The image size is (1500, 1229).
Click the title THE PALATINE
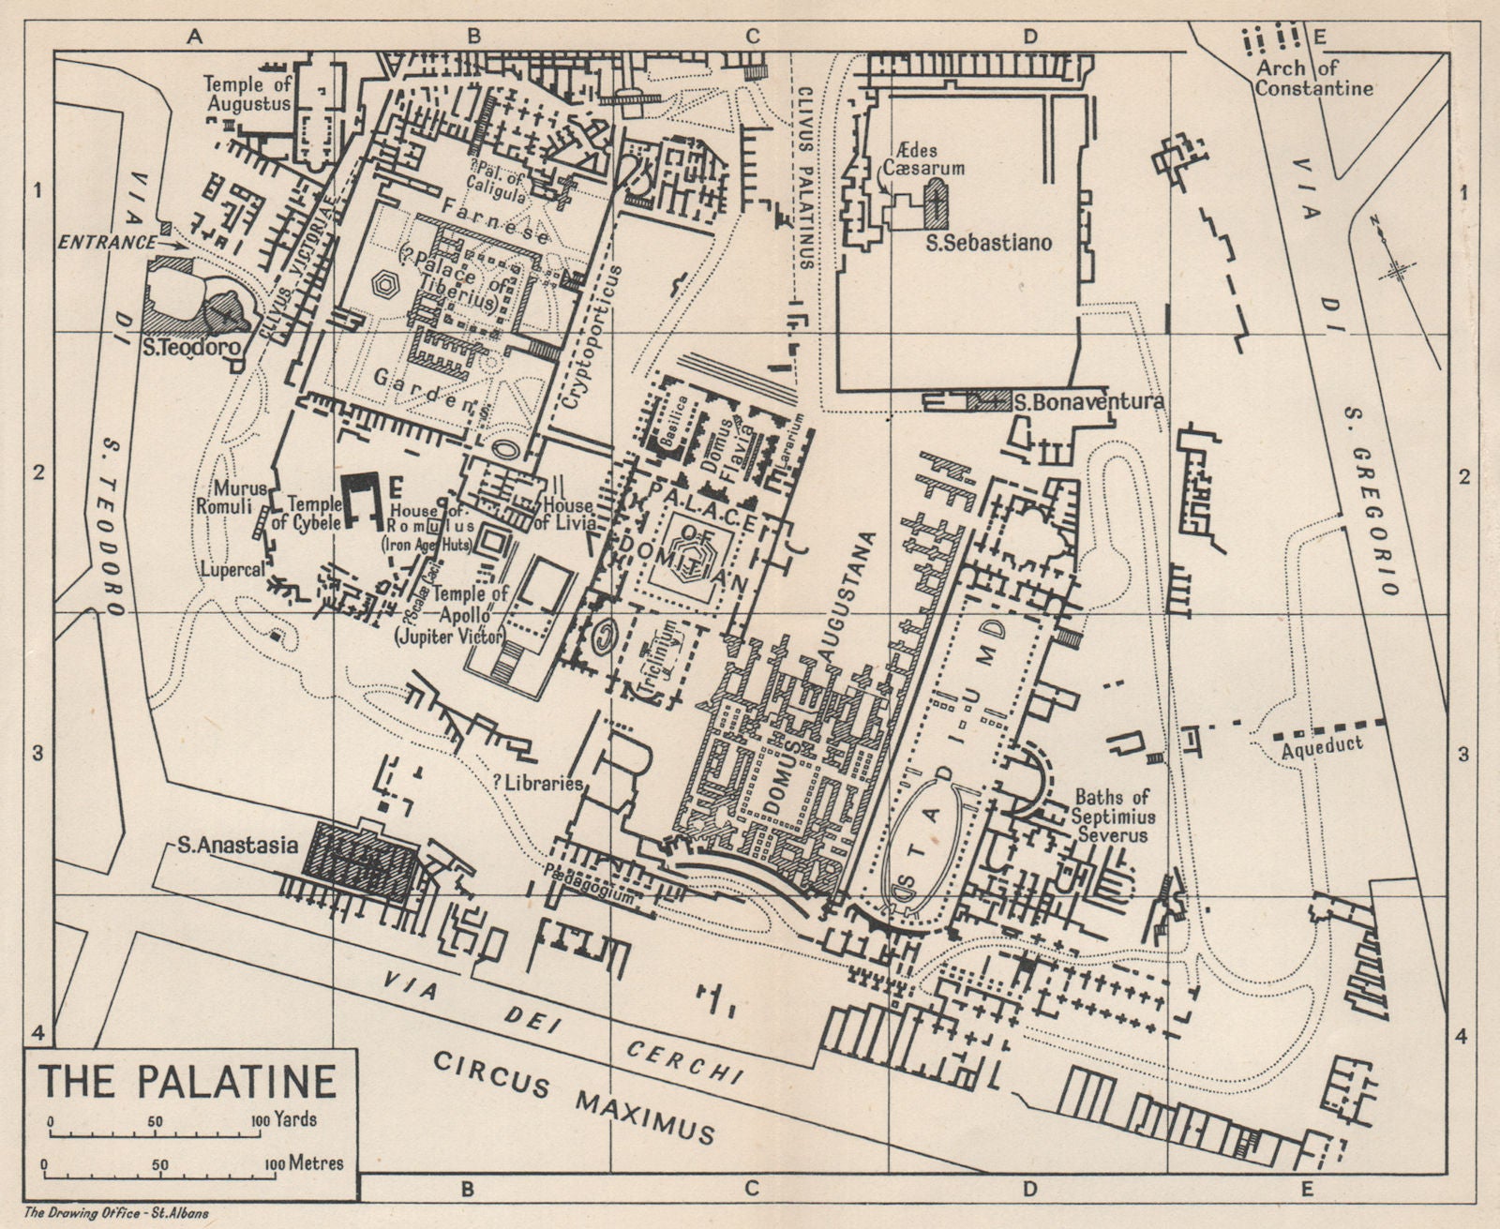(187, 1080)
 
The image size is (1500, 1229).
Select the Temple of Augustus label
(247, 94)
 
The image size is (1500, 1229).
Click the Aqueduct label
(1318, 746)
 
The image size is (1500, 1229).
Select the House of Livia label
(566, 514)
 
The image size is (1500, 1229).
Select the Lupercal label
(231, 569)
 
